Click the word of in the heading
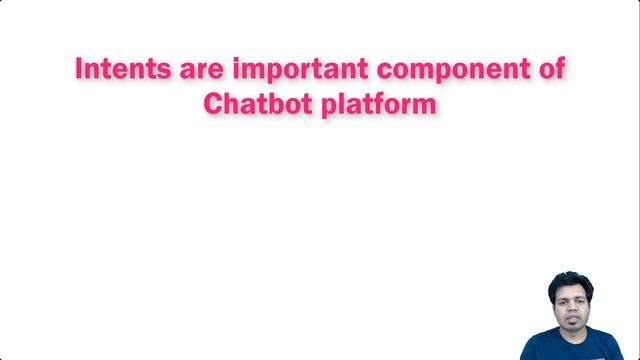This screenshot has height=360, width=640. click(x=551, y=70)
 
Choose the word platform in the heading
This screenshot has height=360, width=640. click(x=378, y=104)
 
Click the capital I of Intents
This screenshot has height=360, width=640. click(x=81, y=70)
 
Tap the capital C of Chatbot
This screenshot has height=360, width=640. click(x=213, y=103)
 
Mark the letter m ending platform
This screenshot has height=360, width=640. click(x=424, y=105)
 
